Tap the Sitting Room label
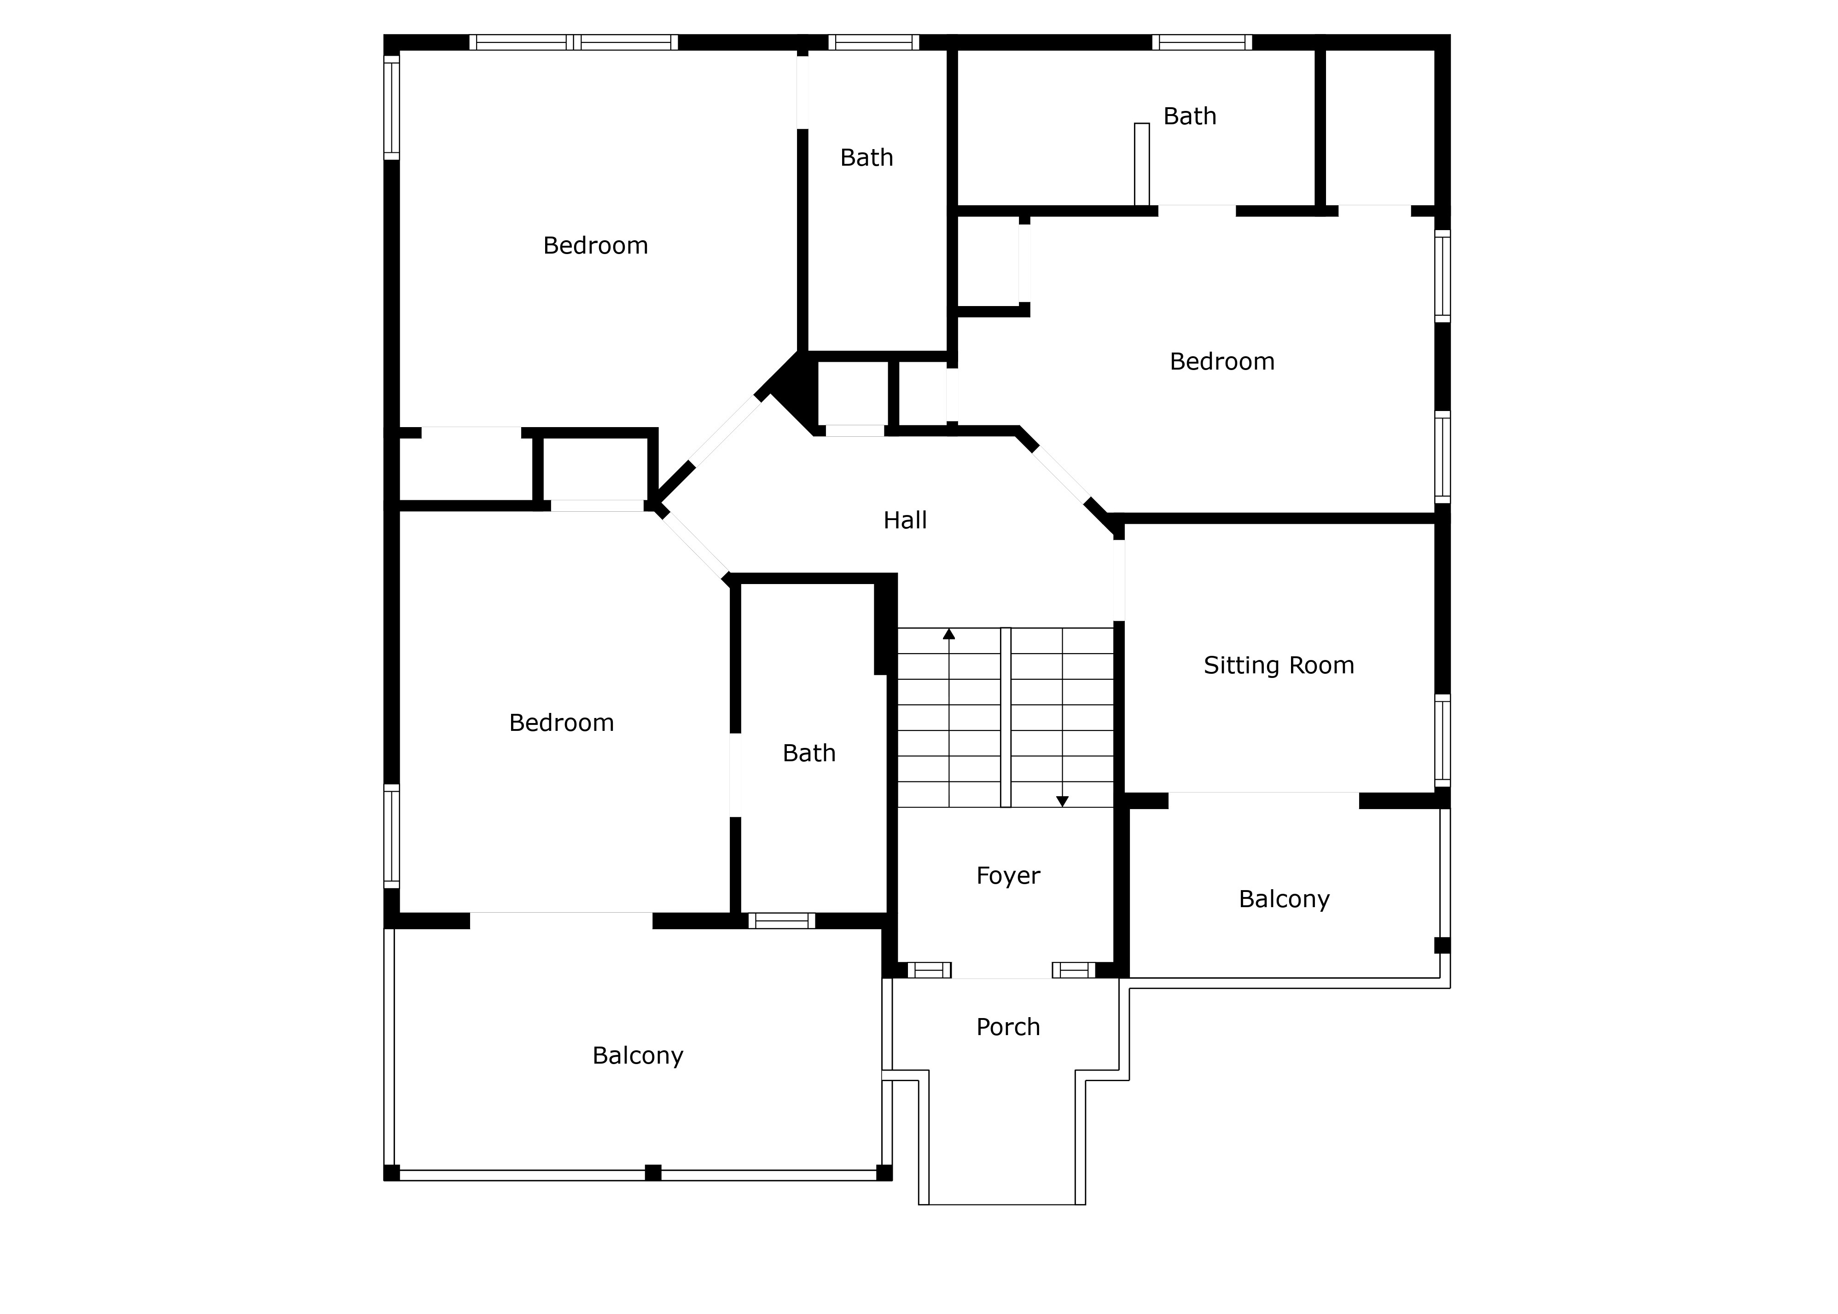1278,665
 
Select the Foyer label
1007,875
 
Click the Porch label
1007,1027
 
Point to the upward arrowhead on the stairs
948,634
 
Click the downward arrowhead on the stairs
1062,801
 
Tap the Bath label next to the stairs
808,753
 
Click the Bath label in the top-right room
1189,116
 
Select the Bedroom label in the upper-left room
595,245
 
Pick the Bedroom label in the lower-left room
561,723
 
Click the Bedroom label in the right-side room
1221,362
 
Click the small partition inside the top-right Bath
1141,164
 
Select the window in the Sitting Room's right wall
1442,740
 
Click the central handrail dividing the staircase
1005,717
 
